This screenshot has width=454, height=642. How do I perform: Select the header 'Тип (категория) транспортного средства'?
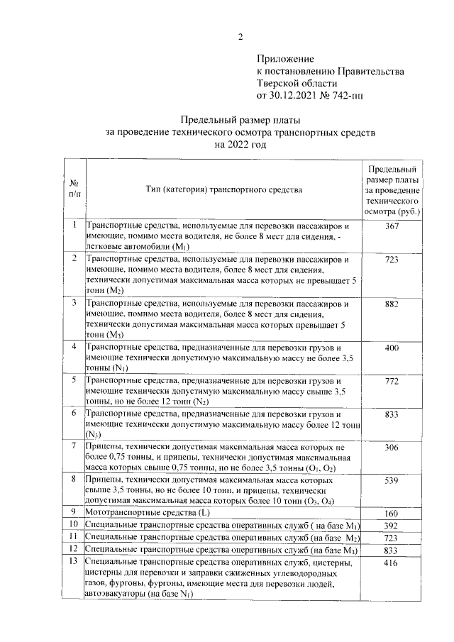224,189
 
